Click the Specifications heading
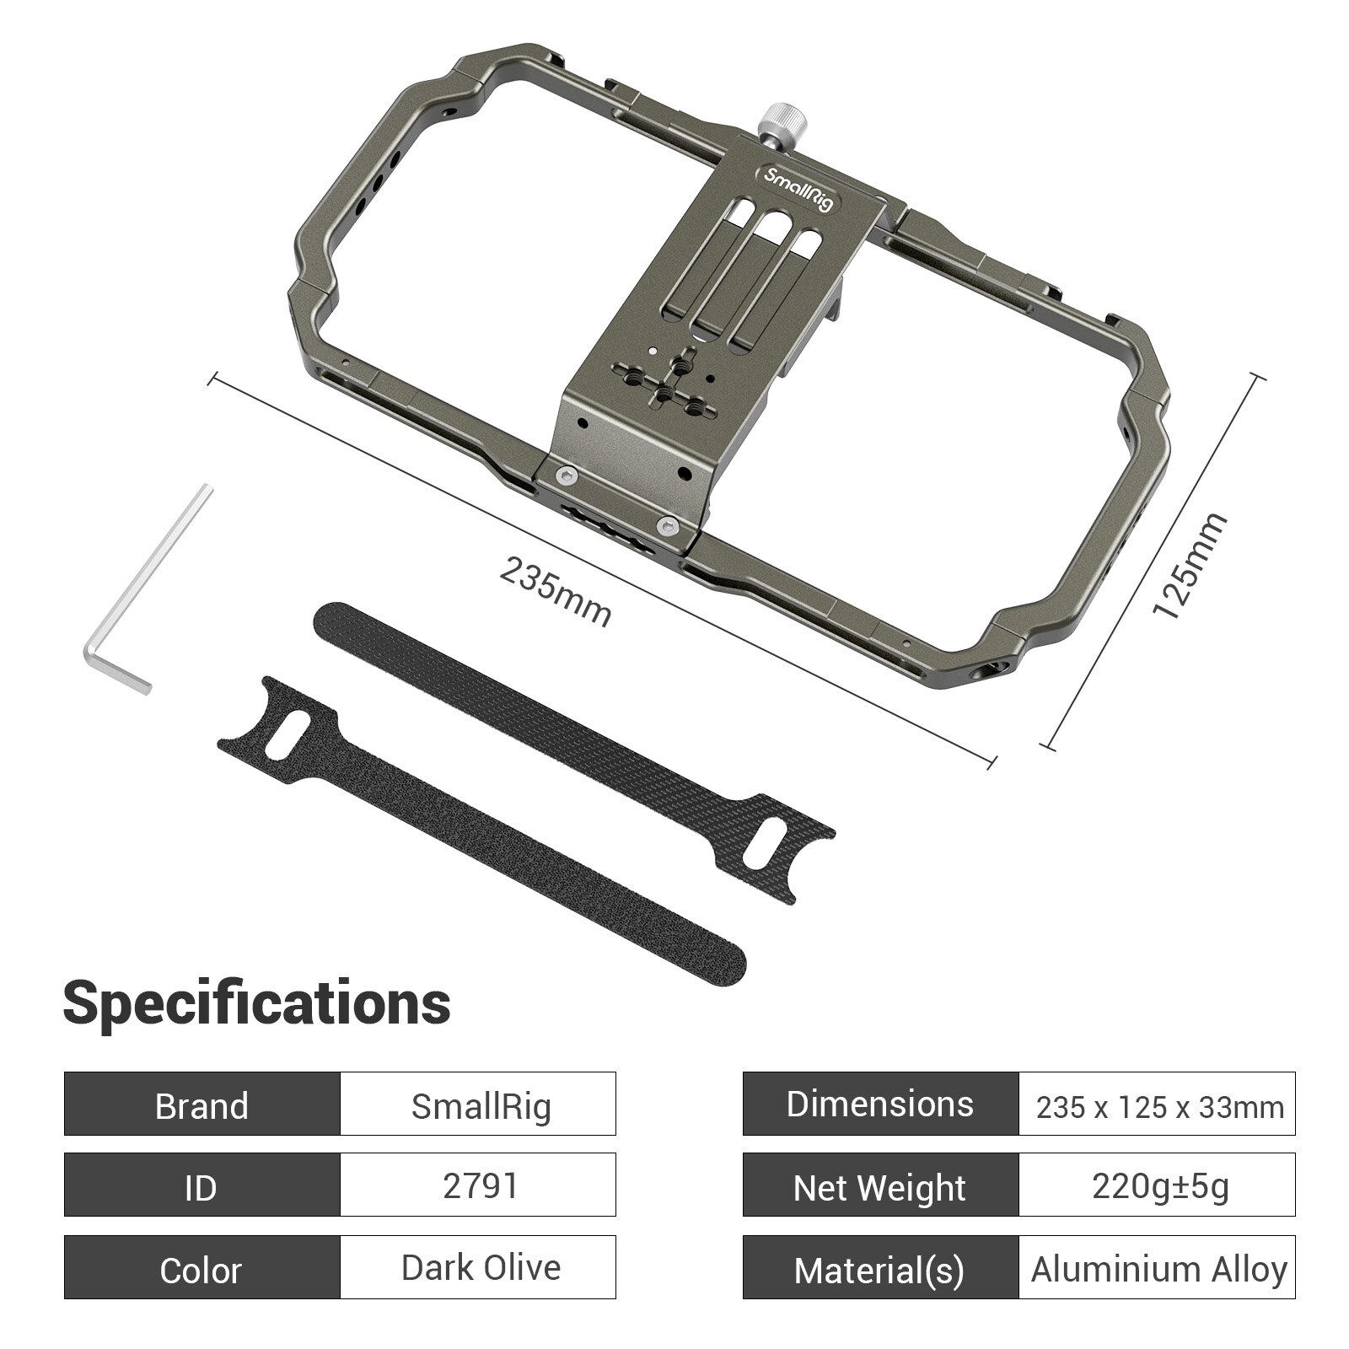[257, 1002]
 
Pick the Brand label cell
[202, 1104]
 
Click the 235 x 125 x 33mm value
[1158, 1105]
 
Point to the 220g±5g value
[1158, 1185]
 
